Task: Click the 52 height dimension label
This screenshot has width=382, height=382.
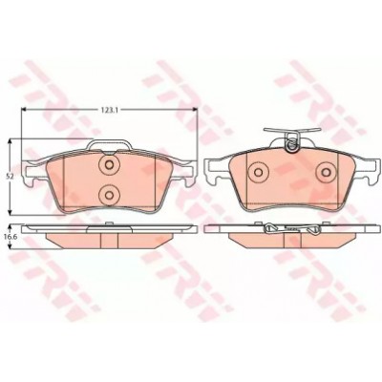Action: point(11,176)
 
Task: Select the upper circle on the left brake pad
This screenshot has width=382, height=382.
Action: point(109,165)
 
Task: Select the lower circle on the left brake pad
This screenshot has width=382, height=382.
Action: point(109,195)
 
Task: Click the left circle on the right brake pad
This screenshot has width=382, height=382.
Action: point(258,172)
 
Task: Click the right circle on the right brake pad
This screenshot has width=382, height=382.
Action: point(326,172)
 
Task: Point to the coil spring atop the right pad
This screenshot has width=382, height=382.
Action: point(291,143)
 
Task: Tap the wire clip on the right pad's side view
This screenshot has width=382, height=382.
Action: point(290,228)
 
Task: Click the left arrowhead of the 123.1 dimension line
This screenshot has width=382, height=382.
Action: point(23,110)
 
